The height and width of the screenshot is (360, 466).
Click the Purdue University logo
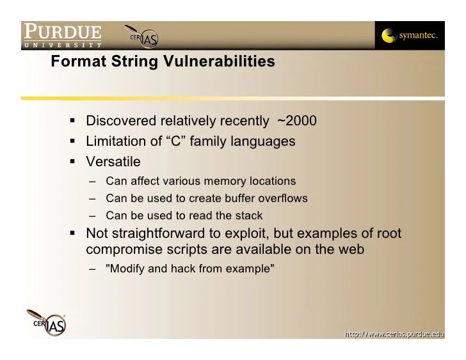(x=62, y=36)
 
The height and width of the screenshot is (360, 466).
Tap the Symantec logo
(x=410, y=36)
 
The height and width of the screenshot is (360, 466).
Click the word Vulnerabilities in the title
(x=218, y=62)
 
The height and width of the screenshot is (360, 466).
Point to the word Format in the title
(x=75, y=62)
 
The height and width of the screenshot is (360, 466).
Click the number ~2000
(x=296, y=121)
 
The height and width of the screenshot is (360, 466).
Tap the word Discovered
(x=120, y=121)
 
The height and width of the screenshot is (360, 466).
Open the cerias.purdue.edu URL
(x=394, y=333)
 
